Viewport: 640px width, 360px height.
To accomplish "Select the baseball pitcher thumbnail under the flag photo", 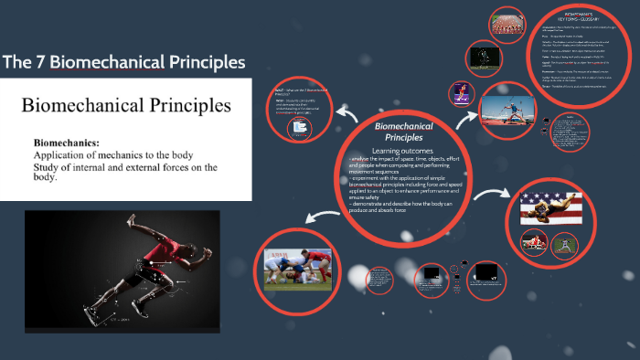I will tap(531, 243).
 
